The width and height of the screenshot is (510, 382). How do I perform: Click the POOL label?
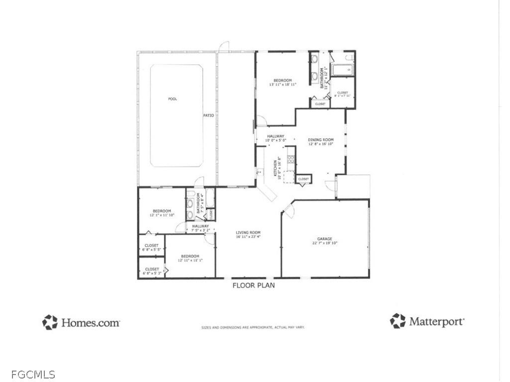tap(172, 99)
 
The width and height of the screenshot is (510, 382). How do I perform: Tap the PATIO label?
tap(208, 115)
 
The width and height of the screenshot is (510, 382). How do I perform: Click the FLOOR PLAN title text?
tap(254, 286)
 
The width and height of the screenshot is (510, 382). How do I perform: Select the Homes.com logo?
tap(81, 322)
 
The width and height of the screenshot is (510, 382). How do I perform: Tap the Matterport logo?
tap(428, 321)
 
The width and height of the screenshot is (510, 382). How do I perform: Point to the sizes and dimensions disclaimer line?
tap(253, 327)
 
